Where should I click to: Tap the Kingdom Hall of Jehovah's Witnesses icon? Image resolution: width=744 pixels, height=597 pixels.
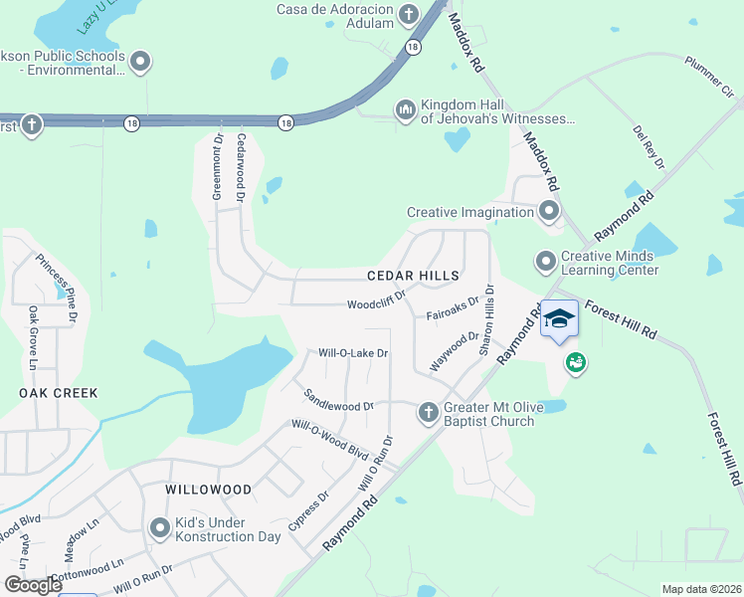pyautogui.click(x=405, y=109)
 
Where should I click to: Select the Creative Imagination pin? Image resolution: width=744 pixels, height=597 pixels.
pyautogui.click(x=548, y=211)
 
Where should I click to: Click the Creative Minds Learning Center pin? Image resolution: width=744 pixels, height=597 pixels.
pyautogui.click(x=545, y=261)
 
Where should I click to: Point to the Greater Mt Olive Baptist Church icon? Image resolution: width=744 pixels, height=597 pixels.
pyautogui.click(x=428, y=412)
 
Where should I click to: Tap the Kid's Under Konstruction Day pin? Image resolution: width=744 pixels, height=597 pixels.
pyautogui.click(x=159, y=528)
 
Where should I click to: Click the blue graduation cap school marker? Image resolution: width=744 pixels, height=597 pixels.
pyautogui.click(x=559, y=318)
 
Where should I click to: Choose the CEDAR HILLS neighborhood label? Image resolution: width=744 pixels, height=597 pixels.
pyautogui.click(x=413, y=276)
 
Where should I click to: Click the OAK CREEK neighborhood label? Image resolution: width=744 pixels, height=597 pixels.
pyautogui.click(x=59, y=393)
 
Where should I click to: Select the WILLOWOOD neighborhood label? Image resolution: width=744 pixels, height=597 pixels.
pyautogui.click(x=209, y=490)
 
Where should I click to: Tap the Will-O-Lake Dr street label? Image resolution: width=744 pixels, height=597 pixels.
pyautogui.click(x=352, y=353)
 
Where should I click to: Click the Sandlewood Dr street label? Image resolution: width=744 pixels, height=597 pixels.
pyautogui.click(x=339, y=399)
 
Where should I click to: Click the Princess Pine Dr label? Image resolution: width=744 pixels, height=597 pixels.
pyautogui.click(x=57, y=289)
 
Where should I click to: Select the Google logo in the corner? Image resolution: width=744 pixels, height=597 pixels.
pyautogui.click(x=33, y=585)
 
